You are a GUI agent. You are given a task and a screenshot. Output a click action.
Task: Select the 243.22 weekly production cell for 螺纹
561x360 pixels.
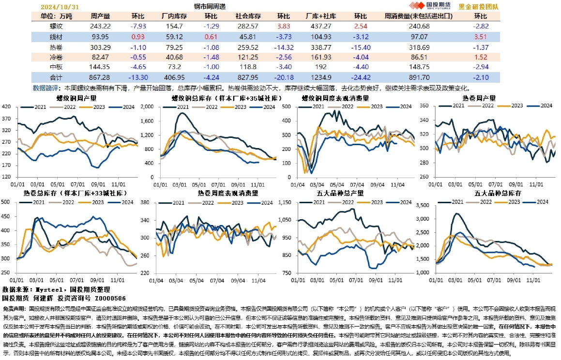[100, 26]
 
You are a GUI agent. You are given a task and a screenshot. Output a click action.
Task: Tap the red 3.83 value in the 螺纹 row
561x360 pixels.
[284, 26]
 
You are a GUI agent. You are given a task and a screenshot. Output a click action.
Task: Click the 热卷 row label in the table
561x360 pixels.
[56, 47]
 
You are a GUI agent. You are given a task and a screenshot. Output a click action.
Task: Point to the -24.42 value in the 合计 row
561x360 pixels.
[360, 77]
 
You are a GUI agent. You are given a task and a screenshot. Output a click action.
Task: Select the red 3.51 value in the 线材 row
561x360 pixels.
[480, 36]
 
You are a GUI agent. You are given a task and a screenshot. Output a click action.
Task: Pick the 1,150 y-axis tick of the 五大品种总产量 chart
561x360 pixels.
[285, 202]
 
